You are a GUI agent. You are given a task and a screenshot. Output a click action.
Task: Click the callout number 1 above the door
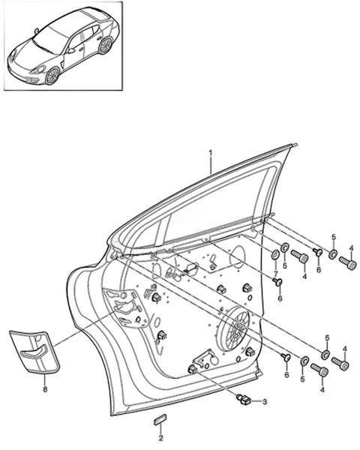click(211, 152)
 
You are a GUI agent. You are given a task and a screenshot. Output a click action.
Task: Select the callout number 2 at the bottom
click(160, 438)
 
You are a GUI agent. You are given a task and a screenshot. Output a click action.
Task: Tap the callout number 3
click(265, 402)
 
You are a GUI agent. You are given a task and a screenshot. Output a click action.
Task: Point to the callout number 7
click(275, 274)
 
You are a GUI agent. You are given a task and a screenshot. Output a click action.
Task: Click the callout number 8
click(45, 389)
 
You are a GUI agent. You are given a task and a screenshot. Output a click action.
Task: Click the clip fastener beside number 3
click(244, 400)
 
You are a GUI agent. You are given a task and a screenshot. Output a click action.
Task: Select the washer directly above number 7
click(275, 254)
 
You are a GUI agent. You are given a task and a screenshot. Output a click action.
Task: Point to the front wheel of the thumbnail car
click(52, 76)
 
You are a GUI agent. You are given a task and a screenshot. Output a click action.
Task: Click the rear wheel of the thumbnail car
click(105, 46)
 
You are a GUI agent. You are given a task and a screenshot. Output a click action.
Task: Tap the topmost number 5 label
click(334, 237)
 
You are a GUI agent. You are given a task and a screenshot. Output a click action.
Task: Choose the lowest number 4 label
click(322, 390)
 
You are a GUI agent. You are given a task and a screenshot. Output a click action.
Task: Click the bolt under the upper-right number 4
click(348, 262)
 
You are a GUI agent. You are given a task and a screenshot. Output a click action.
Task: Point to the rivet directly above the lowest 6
click(286, 357)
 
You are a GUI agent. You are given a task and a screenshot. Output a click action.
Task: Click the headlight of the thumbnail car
click(39, 70)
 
